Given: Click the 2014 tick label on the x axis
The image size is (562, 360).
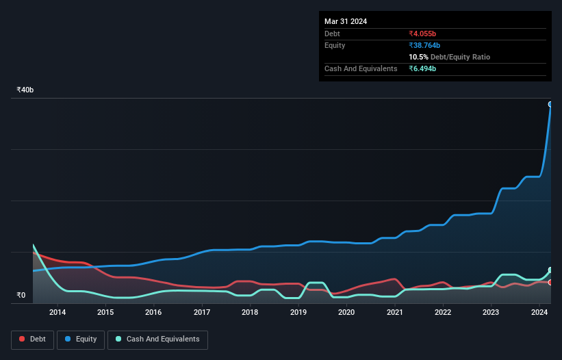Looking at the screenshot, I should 58,313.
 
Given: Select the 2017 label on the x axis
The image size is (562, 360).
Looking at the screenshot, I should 202,313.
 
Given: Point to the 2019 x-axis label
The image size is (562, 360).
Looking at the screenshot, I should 298,313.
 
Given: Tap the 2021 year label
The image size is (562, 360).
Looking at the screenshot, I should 394,313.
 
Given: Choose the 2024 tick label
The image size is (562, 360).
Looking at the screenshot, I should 539,313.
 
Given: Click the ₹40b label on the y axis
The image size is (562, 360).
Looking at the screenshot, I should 25,90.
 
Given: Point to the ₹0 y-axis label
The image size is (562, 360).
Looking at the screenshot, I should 21,296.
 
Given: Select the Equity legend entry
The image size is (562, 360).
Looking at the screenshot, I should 81,339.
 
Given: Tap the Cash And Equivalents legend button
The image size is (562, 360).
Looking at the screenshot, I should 157,339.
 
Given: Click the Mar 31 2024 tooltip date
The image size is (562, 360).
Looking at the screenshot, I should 346,21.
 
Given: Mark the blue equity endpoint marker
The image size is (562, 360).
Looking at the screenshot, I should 550,104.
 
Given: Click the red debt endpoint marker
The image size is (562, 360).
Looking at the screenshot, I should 550,282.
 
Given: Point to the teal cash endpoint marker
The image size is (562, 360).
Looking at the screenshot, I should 550,270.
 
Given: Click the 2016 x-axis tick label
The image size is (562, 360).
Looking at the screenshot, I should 153,313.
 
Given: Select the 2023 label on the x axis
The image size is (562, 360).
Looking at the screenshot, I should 491,313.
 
